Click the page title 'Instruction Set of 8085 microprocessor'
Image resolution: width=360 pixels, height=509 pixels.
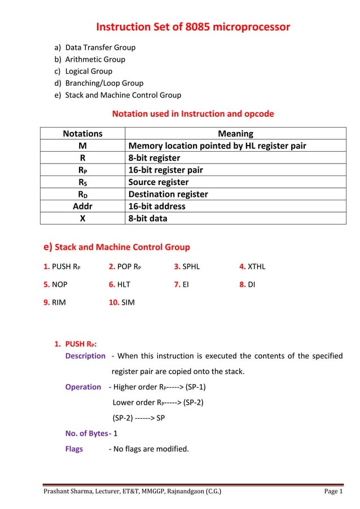(193, 27)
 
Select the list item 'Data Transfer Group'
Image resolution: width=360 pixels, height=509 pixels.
(100, 47)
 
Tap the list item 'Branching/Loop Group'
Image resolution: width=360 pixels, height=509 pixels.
(104, 83)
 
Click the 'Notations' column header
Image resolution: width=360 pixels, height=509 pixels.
(82, 134)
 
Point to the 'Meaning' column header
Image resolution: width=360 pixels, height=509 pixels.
(235, 134)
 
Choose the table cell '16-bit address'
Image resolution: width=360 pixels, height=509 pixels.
(157, 206)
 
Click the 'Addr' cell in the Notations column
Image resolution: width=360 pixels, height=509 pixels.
(82, 206)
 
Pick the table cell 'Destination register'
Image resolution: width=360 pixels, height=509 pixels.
(168, 194)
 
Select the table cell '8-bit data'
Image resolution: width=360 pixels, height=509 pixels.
(148, 218)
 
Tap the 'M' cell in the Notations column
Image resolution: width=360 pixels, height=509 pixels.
(82, 146)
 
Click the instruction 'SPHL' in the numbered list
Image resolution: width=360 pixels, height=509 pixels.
(191, 267)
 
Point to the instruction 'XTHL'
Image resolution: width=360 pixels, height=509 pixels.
(256, 267)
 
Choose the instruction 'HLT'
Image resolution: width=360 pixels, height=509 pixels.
(124, 285)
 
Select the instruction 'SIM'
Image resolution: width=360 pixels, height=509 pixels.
(128, 302)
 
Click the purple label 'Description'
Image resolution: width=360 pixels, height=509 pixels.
(85, 356)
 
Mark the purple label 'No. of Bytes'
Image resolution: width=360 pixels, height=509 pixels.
(86, 433)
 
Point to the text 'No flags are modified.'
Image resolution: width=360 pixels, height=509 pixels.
(151, 449)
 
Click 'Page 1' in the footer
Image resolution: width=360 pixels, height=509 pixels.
(333, 492)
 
